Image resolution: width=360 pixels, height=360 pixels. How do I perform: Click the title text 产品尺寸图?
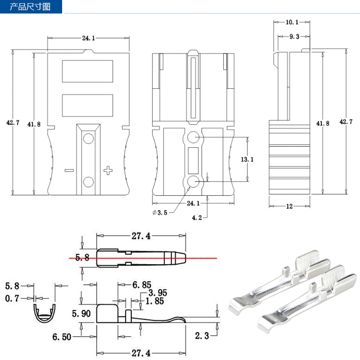tap(30, 7)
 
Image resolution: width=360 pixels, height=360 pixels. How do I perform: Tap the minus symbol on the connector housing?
tap(69, 171)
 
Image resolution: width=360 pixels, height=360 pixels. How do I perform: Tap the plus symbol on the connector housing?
tap(108, 170)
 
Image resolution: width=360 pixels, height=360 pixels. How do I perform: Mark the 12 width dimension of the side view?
tap(289, 207)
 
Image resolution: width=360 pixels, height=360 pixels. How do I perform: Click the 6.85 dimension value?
tap(142, 285)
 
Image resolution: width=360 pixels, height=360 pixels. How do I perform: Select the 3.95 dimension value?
tap(157, 293)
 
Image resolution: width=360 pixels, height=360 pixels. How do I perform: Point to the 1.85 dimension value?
tap(155, 301)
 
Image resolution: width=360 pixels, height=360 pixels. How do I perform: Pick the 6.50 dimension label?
tap(61, 337)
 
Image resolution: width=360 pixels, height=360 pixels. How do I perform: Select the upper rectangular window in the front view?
tap(87, 71)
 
